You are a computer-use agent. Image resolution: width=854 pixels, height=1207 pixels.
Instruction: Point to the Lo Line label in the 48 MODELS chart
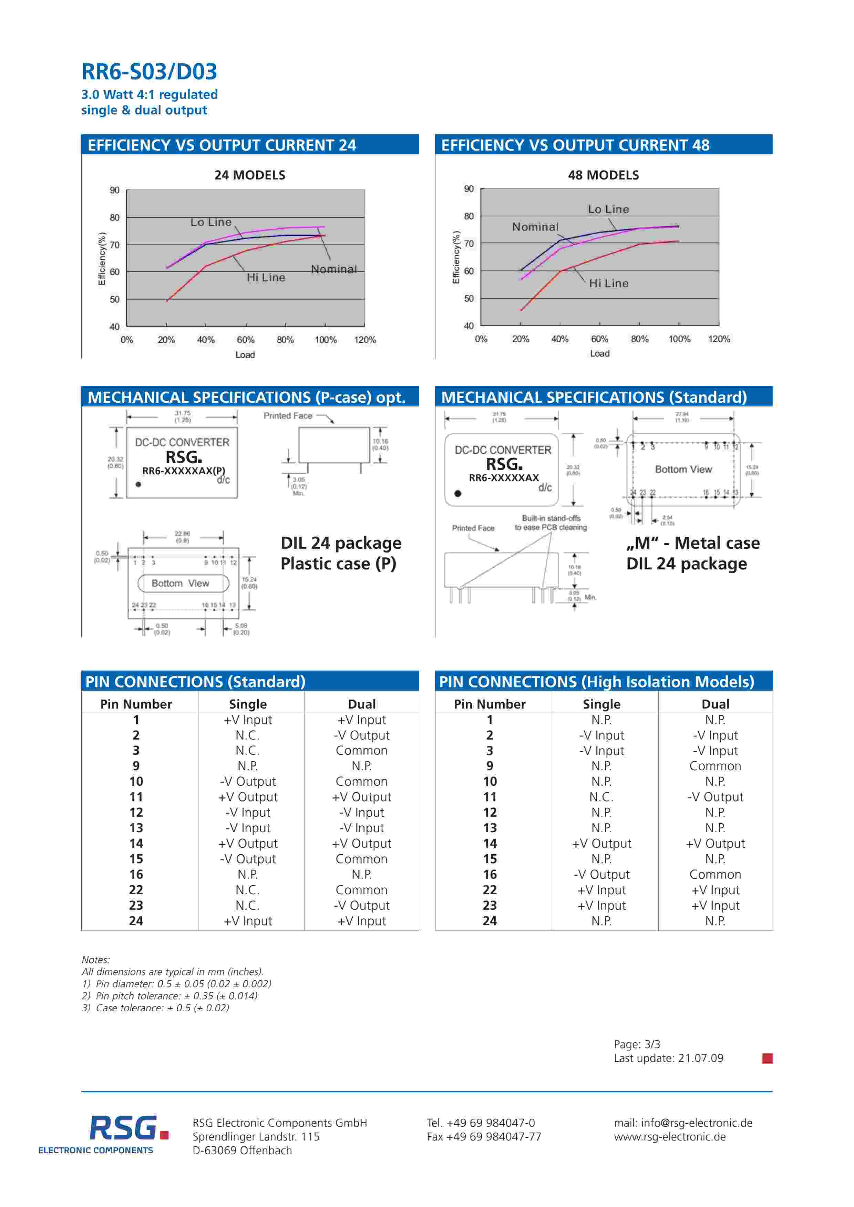[x=608, y=209]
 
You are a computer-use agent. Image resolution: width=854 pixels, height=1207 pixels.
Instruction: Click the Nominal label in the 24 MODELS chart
[x=333, y=269]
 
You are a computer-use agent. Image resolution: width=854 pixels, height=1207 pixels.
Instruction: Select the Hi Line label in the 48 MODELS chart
[x=608, y=283]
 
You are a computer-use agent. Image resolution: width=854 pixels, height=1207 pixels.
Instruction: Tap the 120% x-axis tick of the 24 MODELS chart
[x=365, y=340]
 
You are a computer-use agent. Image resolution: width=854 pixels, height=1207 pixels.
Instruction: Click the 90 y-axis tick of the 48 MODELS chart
[x=469, y=189]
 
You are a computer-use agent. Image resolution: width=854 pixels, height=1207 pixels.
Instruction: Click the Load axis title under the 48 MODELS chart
[x=599, y=354]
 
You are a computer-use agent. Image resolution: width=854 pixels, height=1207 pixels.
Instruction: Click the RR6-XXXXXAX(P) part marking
[x=184, y=471]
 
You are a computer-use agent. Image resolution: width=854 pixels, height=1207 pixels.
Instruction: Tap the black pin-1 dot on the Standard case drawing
[x=458, y=494]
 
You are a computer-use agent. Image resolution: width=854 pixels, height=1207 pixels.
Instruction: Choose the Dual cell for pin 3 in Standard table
[x=361, y=751]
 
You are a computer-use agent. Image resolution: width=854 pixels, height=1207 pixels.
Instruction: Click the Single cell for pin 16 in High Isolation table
[x=601, y=874]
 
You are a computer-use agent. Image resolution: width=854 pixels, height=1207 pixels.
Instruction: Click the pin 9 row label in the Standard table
[x=136, y=766]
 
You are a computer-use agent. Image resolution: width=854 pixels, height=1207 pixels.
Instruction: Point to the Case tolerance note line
[x=156, y=1008]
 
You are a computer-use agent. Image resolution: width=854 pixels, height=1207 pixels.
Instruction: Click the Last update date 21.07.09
[x=700, y=1058]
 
